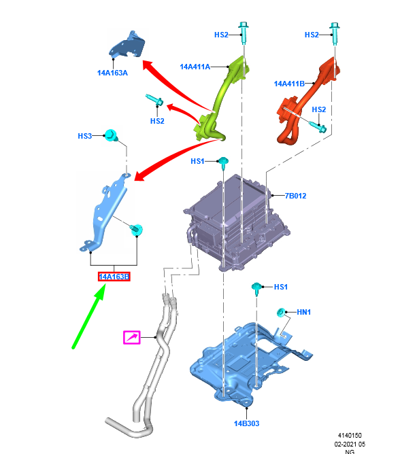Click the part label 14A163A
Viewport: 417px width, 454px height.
[112, 73]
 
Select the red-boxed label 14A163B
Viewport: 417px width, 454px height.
[114, 277]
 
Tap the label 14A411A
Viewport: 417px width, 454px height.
[195, 67]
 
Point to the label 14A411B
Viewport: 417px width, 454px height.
[289, 84]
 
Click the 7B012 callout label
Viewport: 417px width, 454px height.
[296, 196]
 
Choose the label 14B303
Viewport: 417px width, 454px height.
[247, 423]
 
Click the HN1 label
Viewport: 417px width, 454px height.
[303, 312]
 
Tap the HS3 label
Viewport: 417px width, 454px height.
[85, 136]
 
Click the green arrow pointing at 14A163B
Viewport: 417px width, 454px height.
[88, 317]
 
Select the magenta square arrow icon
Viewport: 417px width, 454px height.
[132, 337]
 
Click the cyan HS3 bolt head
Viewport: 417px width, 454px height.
[111, 135]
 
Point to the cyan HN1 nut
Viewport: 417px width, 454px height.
[280, 313]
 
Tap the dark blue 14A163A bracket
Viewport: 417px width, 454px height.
[127, 46]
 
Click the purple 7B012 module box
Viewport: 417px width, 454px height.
[236, 223]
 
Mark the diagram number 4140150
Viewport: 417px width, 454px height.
[350, 436]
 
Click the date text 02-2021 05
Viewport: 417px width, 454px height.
[350, 444]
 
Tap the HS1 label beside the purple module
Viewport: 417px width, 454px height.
[198, 161]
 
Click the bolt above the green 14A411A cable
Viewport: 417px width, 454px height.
[244, 33]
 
